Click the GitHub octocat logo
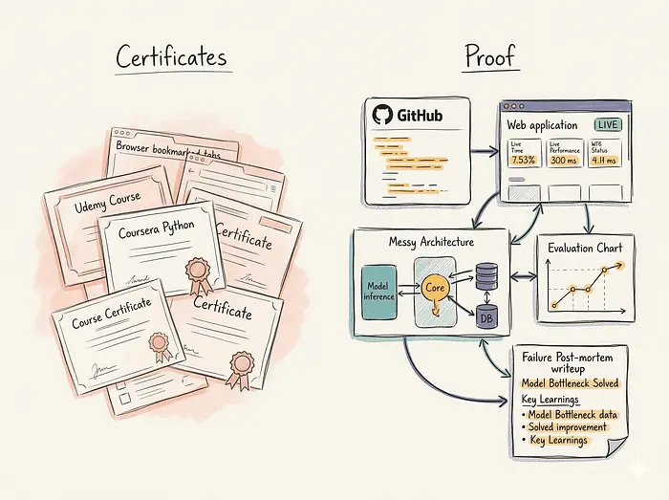click(x=383, y=115)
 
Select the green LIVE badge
click(x=606, y=124)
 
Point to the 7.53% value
click(x=522, y=160)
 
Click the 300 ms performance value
click(x=562, y=160)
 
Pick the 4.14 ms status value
click(x=605, y=160)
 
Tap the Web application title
click(x=541, y=125)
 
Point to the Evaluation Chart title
click(x=584, y=249)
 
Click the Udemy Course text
click(x=107, y=204)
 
